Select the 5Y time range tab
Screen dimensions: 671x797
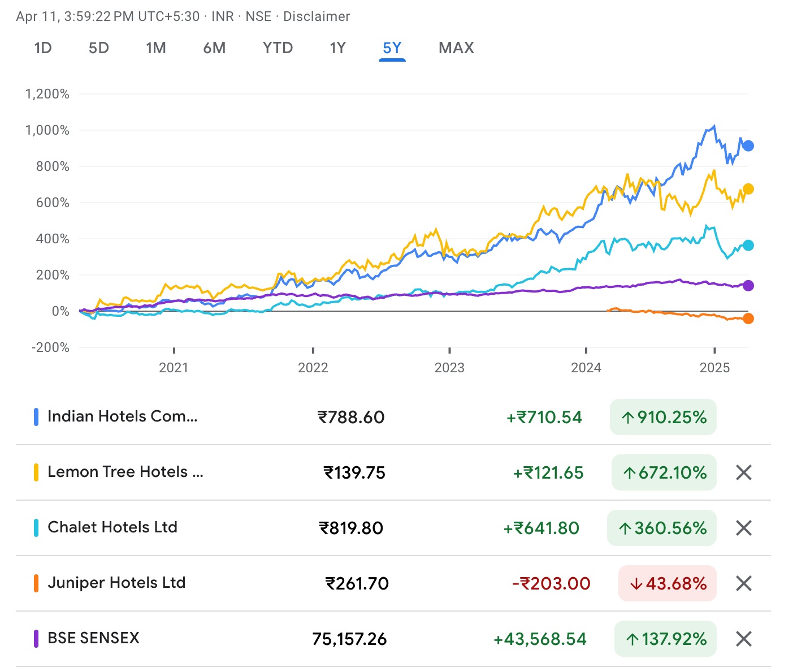tap(392, 48)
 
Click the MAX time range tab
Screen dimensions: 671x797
tap(456, 48)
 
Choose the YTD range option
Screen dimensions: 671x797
tap(278, 48)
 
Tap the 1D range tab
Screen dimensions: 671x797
tap(43, 48)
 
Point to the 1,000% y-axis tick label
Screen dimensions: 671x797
tap(47, 130)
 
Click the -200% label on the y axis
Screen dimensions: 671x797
tap(51, 347)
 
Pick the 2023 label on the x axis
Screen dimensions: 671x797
tap(449, 368)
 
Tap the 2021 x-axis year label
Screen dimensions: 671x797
tap(174, 368)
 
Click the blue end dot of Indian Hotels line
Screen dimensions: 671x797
tap(748, 146)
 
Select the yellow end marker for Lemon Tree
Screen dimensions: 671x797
tap(748, 189)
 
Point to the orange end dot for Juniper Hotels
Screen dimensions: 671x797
tap(748, 319)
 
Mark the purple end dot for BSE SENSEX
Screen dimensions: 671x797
tap(748, 286)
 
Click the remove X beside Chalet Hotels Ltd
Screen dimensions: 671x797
tap(744, 528)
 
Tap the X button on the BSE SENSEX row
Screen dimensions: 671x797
tap(744, 639)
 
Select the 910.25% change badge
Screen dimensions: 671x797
tap(663, 418)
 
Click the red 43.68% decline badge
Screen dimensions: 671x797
tap(668, 583)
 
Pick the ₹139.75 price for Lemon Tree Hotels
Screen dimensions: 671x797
tap(354, 472)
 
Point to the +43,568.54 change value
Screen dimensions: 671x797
tap(540, 639)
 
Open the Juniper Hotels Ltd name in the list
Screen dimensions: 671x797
tap(116, 583)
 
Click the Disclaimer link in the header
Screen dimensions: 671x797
tap(317, 16)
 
